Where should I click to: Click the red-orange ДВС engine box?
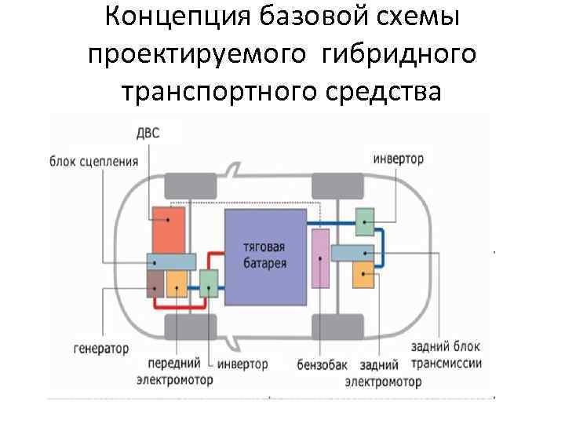(169, 228)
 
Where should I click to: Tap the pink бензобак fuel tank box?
(320, 258)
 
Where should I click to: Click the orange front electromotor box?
(177, 283)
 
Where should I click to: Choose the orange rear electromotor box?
(365, 275)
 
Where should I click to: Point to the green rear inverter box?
(366, 222)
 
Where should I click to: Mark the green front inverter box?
(209, 283)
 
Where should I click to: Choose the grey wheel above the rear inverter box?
(337, 185)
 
